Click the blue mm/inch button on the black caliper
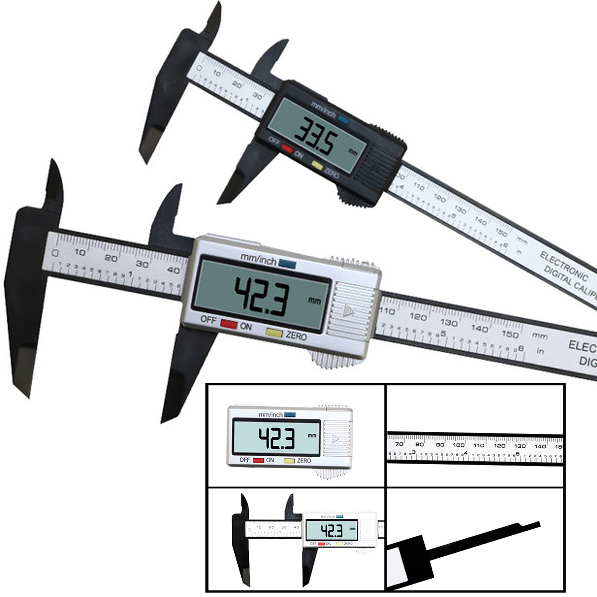coord(343,119)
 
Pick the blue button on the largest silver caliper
coord(287,263)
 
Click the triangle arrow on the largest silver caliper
coord(348,311)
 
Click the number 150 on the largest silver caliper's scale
coord(510,334)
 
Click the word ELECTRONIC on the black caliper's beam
coord(564,265)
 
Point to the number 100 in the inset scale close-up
coord(459,445)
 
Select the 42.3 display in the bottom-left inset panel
coord(331,530)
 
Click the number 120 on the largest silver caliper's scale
coord(418,317)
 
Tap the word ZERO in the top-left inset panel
coord(303,461)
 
